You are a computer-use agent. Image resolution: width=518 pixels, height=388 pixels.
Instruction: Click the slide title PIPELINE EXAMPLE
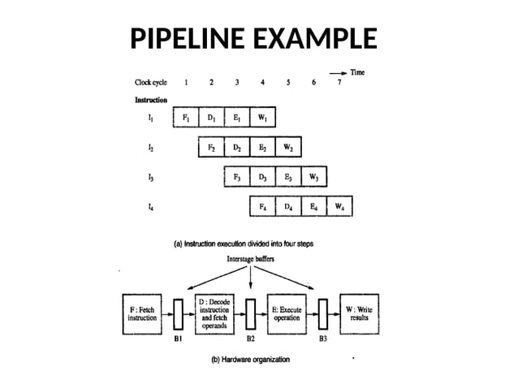[x=254, y=38]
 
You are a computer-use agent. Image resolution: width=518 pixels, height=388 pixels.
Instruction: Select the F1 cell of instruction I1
[x=186, y=119]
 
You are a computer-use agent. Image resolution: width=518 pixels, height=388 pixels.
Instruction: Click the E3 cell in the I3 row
[x=287, y=176]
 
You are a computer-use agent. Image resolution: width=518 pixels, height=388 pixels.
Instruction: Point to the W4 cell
[x=339, y=206]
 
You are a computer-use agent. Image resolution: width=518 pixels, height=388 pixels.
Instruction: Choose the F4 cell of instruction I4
[x=262, y=206]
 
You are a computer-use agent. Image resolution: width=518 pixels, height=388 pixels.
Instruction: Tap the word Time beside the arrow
[x=357, y=72]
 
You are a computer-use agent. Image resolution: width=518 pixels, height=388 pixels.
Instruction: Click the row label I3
[x=151, y=176]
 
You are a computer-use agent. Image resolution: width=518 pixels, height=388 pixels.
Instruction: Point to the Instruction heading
[x=151, y=101]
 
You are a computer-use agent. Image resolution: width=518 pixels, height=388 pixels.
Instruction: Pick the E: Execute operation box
[x=288, y=313]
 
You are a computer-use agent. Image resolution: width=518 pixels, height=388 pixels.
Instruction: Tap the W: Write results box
[x=360, y=313]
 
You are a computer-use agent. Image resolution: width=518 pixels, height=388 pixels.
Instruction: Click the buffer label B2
[x=252, y=338]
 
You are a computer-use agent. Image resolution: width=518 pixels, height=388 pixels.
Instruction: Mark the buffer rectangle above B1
[x=179, y=313]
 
